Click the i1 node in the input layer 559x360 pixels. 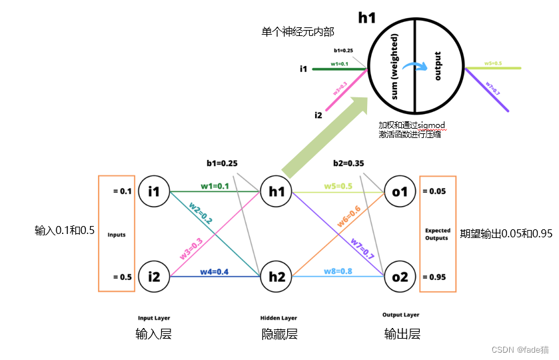(154, 191)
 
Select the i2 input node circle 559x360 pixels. (154, 276)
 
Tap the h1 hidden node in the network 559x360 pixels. (275, 191)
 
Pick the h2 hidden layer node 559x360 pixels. (275, 276)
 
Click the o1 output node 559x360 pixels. (400, 191)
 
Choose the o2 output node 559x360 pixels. (400, 276)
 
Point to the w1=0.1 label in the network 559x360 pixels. (215, 186)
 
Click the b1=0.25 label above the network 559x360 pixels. (223, 163)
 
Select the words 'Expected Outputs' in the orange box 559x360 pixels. (438, 234)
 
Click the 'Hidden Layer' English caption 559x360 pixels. (279, 317)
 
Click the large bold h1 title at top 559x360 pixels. (367, 18)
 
